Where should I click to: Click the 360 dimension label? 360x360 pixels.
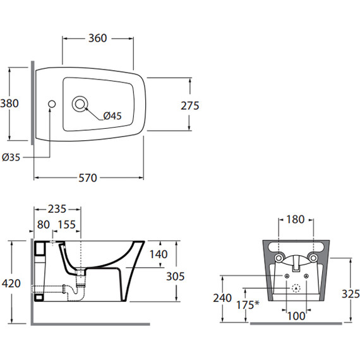97,38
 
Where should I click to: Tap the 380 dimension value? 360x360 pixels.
9,104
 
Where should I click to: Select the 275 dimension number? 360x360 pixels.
190,106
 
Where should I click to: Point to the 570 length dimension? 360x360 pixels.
88,178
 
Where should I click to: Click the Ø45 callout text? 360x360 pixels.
112,116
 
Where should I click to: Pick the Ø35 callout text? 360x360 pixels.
11,157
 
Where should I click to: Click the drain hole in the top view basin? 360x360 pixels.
80,104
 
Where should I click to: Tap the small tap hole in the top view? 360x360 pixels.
52,104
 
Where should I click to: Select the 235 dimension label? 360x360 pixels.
57,209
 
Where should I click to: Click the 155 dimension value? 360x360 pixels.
66,225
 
